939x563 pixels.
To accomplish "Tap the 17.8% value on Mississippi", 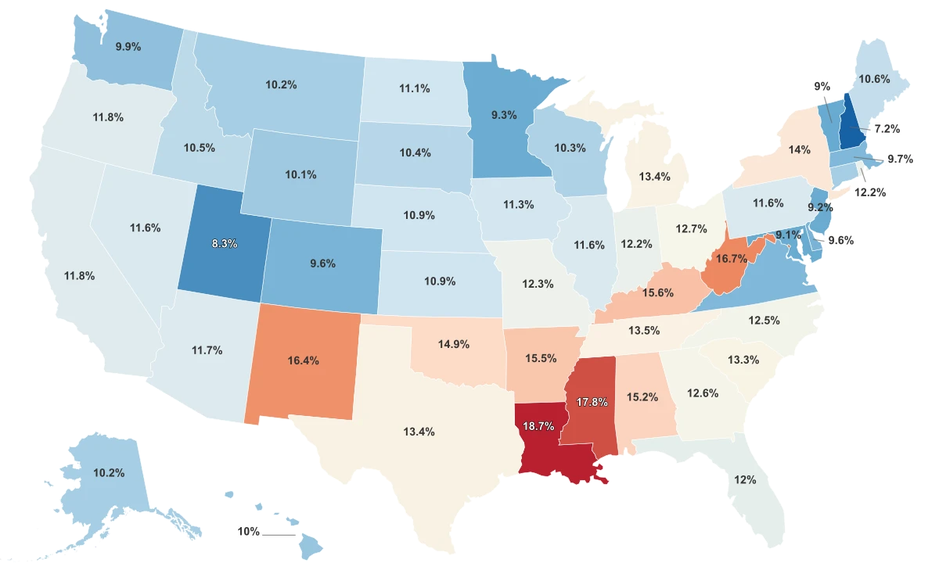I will (x=592, y=402).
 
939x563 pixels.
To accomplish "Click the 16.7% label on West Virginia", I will (x=731, y=258).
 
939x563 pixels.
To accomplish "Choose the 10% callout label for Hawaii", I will (x=248, y=531).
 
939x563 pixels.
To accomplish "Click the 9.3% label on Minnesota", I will (x=503, y=115).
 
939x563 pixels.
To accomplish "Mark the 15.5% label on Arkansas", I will (x=541, y=358).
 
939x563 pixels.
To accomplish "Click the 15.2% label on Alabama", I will (x=642, y=396).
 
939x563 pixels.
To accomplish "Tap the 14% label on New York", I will (x=799, y=149).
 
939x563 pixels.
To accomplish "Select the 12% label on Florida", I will (x=745, y=479).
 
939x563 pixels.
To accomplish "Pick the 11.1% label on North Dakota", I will (x=414, y=88).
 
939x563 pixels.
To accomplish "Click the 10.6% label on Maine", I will (x=873, y=78).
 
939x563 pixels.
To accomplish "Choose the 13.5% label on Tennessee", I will (x=644, y=330).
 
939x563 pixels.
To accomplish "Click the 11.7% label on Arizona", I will (x=207, y=350).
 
